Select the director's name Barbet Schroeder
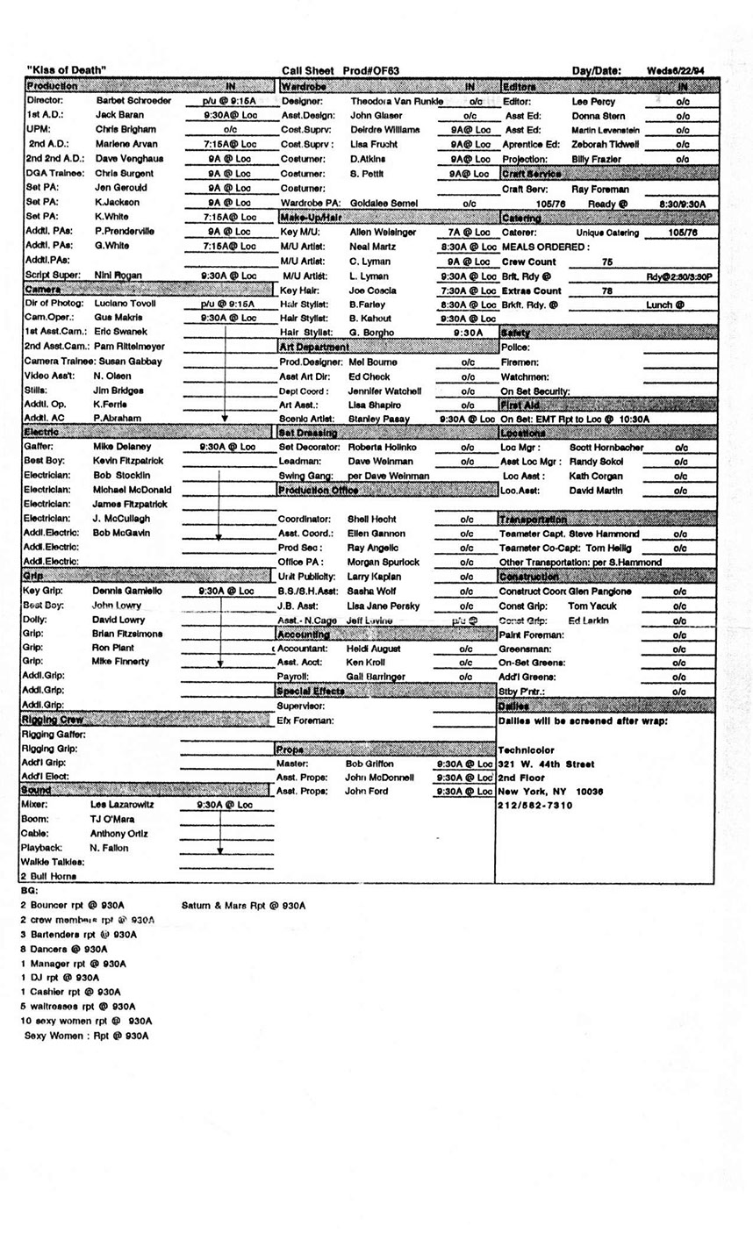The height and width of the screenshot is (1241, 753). pos(133,101)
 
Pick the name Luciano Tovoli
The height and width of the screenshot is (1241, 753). pos(124,303)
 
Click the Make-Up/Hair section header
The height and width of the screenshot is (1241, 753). pos(310,217)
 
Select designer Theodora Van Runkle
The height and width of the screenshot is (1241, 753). pos(397,101)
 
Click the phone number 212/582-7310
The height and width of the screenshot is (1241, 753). pos(535,806)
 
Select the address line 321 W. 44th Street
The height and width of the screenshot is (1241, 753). pos(546,764)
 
